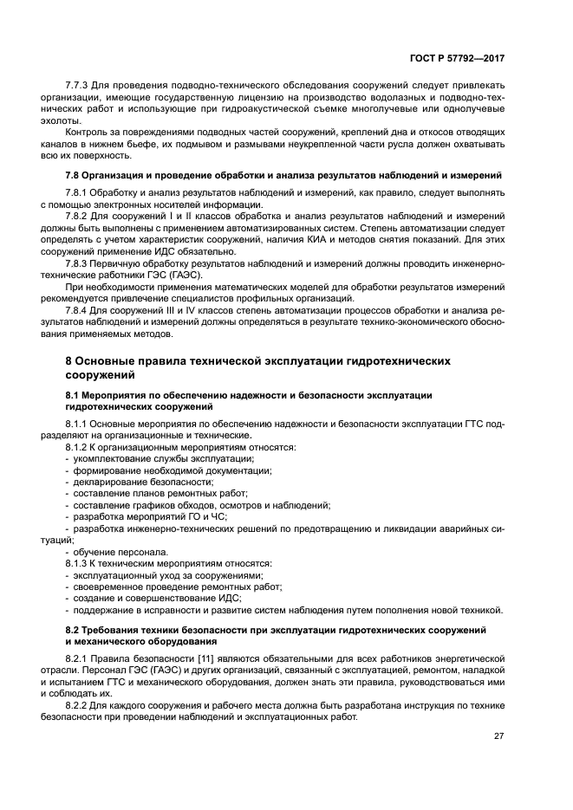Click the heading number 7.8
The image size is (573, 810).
coord(75,175)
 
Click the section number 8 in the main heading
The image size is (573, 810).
coord(69,359)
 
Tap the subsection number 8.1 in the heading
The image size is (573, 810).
coord(75,394)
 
